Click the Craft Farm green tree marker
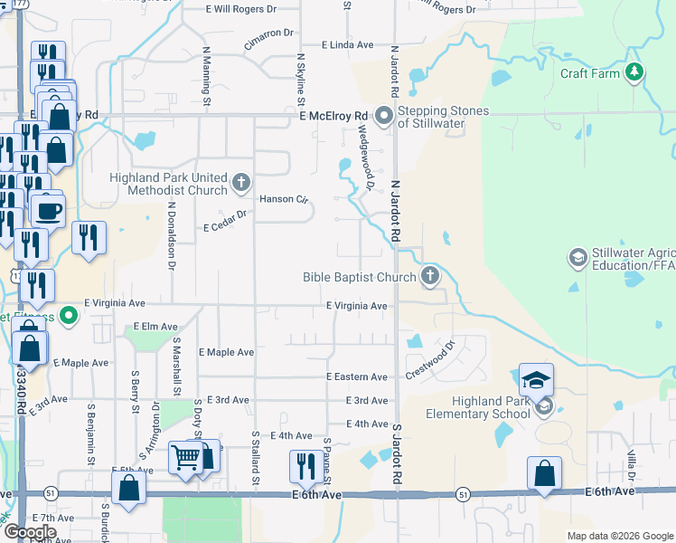[635, 72]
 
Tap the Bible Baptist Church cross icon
[430, 276]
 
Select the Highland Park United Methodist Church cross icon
[240, 184]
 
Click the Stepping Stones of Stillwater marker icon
[384, 116]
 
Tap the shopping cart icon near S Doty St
[185, 458]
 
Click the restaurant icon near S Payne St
[303, 466]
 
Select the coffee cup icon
[48, 211]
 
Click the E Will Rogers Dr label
[241, 9]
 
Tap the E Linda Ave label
[347, 44]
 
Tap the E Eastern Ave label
[357, 376]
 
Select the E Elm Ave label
[155, 326]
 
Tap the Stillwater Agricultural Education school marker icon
[577, 259]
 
